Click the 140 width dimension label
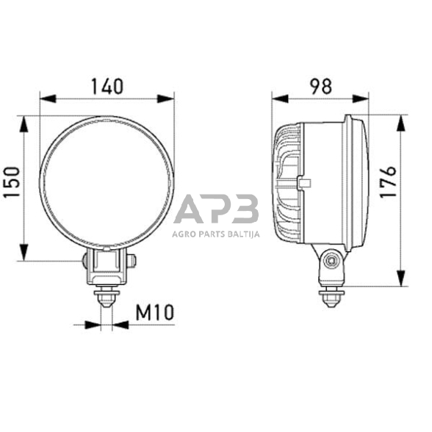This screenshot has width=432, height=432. [107, 86]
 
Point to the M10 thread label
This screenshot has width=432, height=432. [154, 312]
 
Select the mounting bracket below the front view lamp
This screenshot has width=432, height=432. [108, 265]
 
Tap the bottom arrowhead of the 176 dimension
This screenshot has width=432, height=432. [400, 283]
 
